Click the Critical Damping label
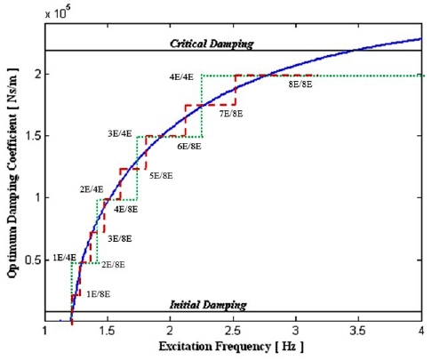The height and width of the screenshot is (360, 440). tap(212, 44)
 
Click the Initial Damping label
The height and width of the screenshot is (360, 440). tap(208, 304)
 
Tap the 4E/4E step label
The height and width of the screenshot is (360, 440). tap(182, 77)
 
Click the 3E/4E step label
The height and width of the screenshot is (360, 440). tap(119, 134)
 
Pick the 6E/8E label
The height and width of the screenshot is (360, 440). tap(188, 145)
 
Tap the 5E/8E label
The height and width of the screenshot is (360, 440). tap(160, 175)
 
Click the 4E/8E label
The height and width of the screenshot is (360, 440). tap(126, 209)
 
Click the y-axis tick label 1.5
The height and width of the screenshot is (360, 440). tap(36, 136)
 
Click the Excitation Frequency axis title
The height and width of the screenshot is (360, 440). tap(234, 346)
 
